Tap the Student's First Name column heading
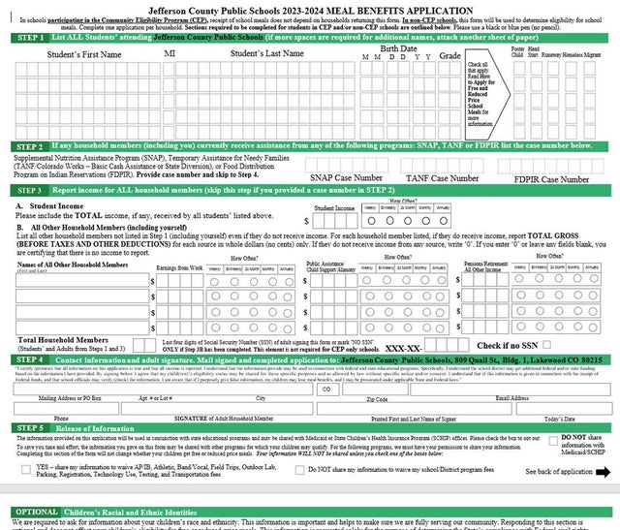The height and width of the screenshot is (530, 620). [84, 54]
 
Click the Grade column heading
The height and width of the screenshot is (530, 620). [449, 56]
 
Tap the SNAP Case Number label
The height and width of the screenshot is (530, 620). [346, 178]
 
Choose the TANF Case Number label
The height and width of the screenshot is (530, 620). [444, 178]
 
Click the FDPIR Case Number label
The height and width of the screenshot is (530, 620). [552, 178]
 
